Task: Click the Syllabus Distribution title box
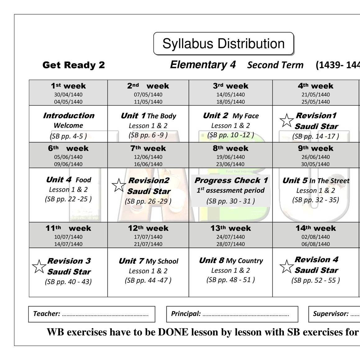click(223, 44)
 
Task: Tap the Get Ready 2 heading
click(74, 65)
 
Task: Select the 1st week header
click(68, 86)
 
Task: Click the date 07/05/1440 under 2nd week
click(148, 94)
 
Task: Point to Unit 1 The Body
click(148, 116)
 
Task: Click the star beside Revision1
click(286, 121)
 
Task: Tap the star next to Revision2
click(119, 185)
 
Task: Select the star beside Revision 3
click(39, 267)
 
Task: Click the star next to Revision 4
click(286, 267)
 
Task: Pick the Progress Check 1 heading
click(231, 180)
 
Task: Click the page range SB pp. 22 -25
click(68, 199)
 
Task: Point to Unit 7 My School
click(148, 261)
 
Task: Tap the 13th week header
click(230, 228)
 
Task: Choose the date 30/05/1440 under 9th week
click(316, 164)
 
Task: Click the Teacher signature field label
click(47, 314)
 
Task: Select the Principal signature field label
click(186, 314)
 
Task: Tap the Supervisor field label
click(330, 314)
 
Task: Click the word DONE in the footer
click(173, 332)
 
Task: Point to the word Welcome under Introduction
click(68, 125)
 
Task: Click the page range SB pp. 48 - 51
click(230, 280)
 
